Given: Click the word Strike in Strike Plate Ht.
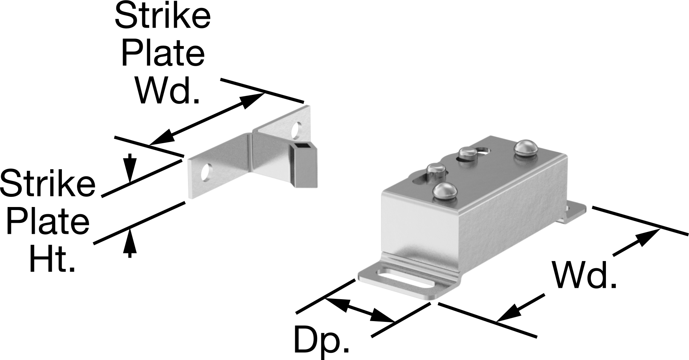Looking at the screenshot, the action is (48, 183).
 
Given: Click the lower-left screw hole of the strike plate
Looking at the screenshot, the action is (207, 173).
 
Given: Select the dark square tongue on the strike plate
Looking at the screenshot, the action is (304, 165).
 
